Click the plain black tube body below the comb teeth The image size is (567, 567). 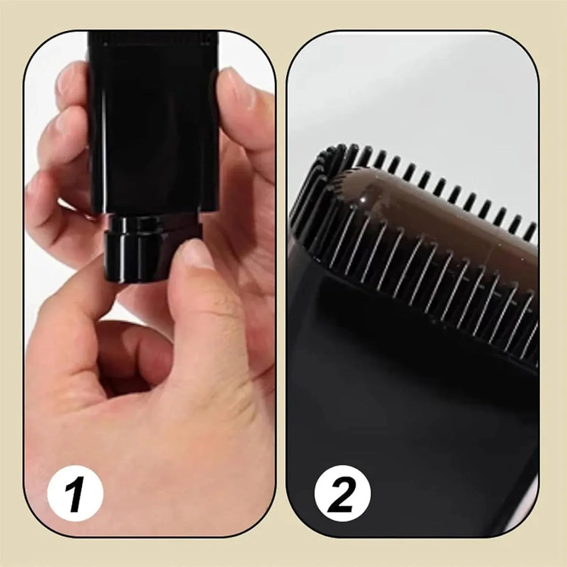[x=397, y=412]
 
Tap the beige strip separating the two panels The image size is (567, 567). [x=281, y=283]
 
